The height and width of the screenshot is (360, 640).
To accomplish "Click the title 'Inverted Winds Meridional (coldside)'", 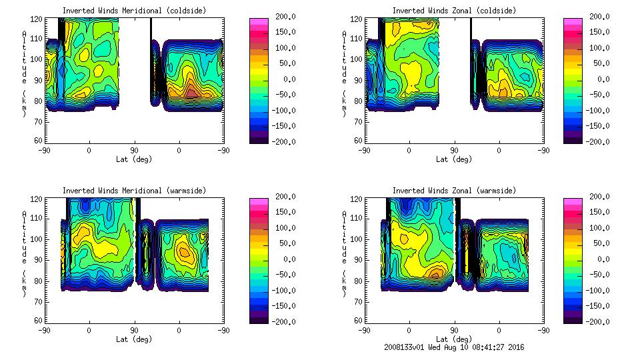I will [134, 11].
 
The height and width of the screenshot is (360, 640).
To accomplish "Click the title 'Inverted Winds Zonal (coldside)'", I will [454, 11].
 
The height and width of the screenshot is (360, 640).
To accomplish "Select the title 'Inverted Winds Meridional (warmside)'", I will [134, 191].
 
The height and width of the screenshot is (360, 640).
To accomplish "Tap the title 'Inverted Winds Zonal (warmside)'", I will [454, 191].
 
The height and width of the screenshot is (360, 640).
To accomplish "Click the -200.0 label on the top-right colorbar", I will [596, 141].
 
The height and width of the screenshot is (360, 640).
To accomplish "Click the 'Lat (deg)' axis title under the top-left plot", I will [134, 159].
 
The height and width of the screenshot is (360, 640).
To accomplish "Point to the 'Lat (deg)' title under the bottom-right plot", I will [454, 339].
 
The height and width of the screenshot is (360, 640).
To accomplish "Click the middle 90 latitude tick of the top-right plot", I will [454, 151].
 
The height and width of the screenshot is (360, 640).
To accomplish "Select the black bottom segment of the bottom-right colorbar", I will [572, 320].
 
